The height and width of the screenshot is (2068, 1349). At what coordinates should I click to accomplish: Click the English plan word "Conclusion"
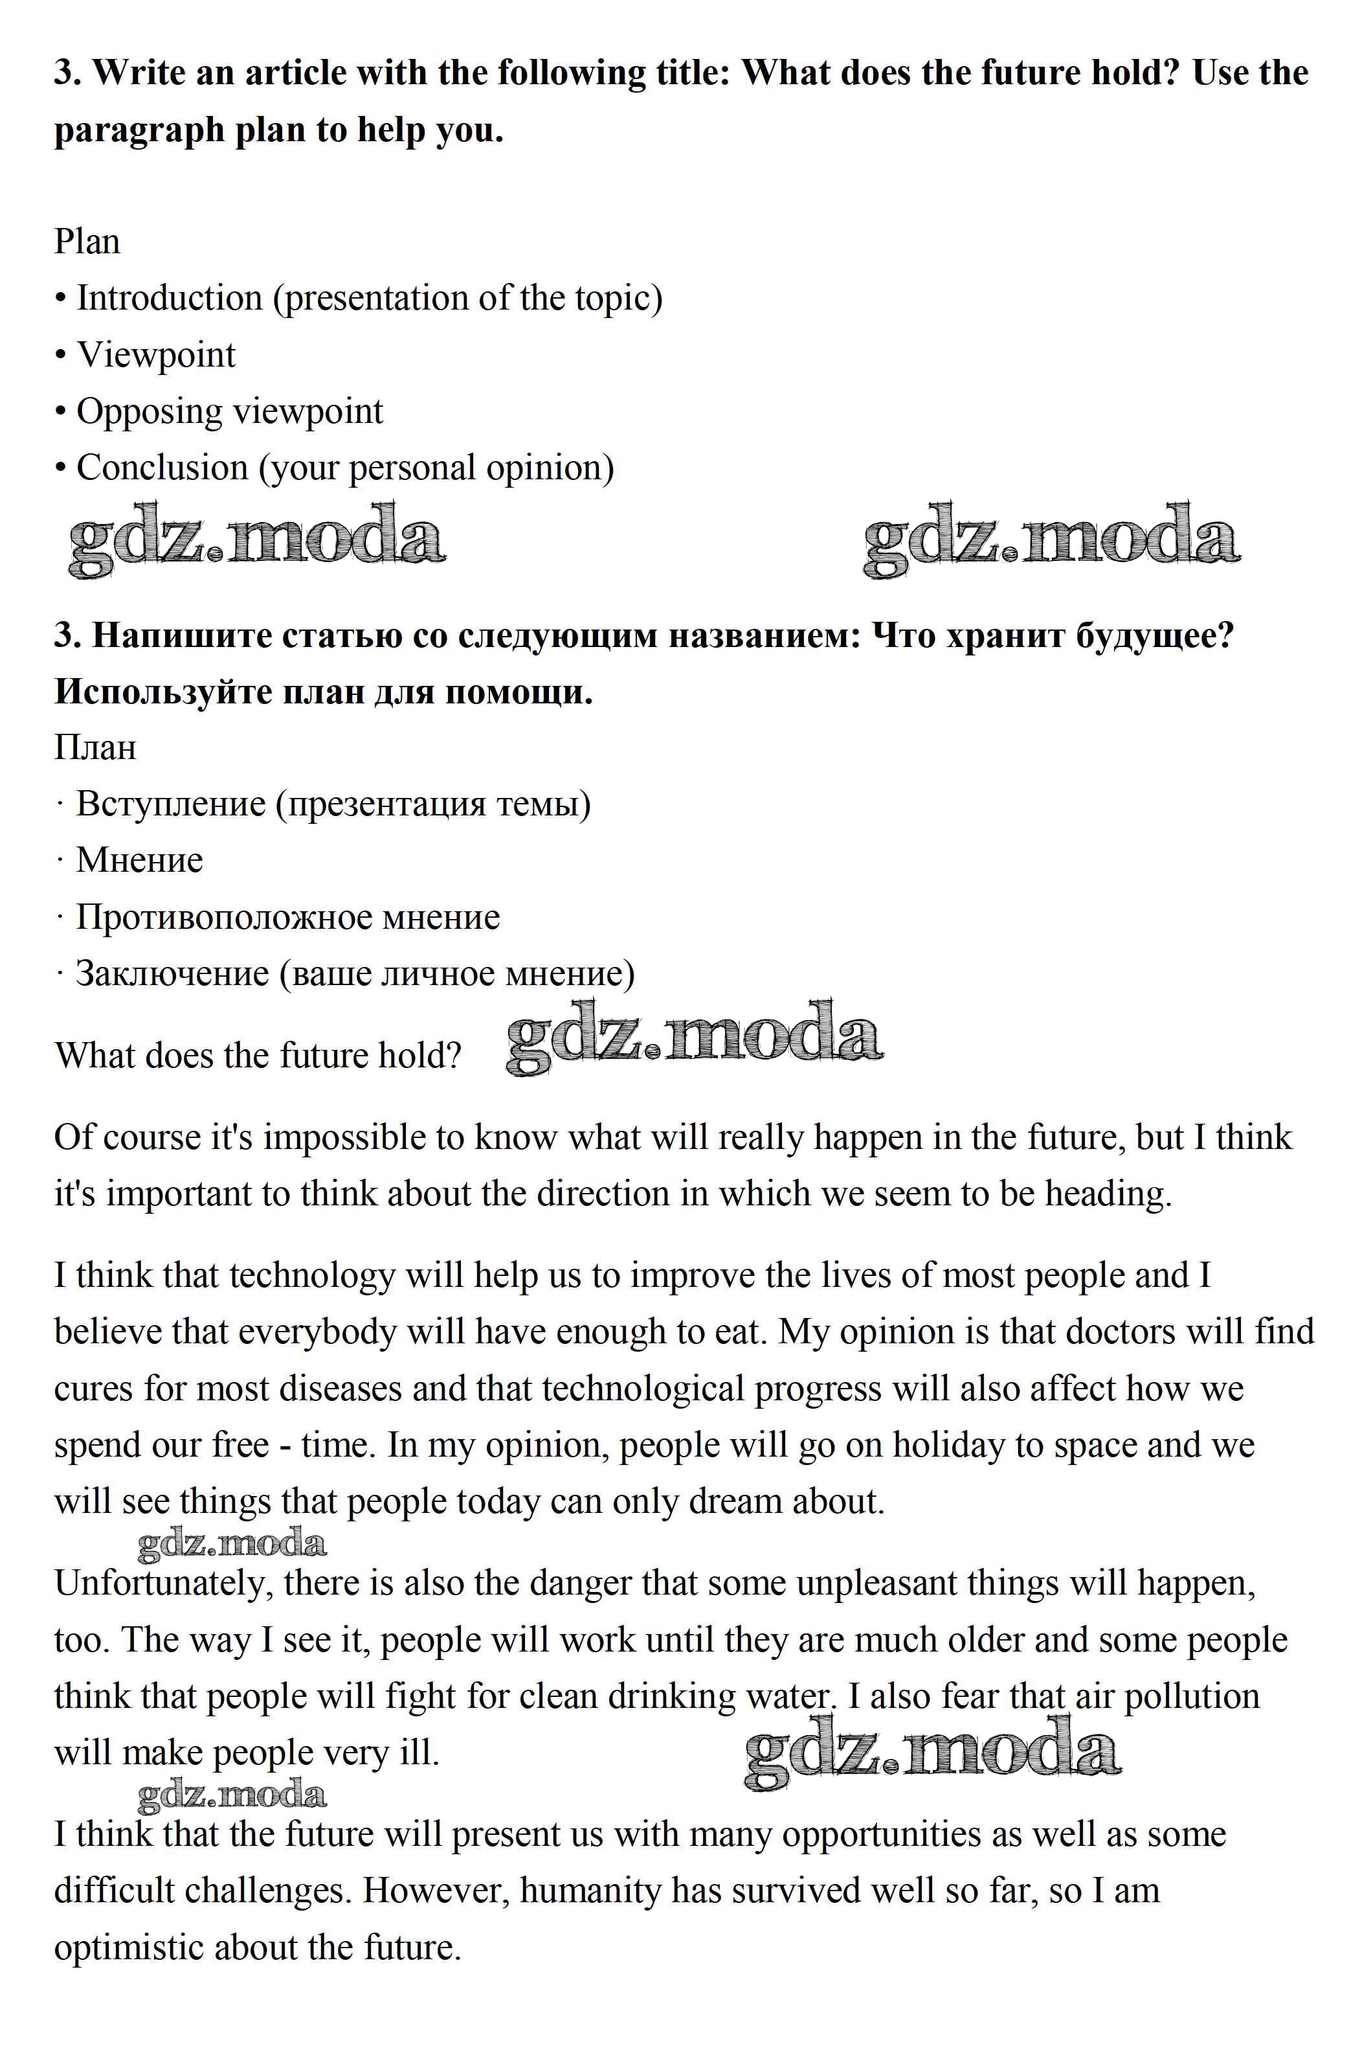162,468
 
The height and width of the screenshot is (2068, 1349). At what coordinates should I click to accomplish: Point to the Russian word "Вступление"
170,803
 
